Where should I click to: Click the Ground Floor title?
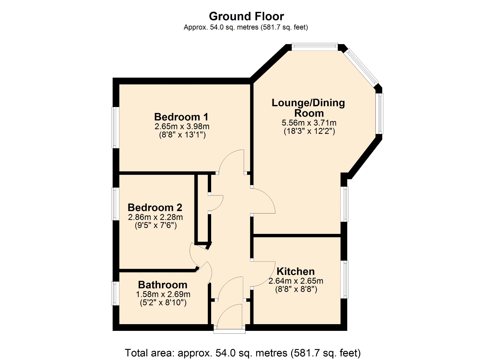point(246,17)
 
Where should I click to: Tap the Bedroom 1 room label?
point(181,117)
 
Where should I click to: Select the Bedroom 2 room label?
point(155,208)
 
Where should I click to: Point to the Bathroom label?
point(163,285)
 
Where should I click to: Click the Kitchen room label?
point(296,271)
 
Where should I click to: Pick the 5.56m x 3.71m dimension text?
point(309,123)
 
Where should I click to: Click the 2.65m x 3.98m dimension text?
point(182,126)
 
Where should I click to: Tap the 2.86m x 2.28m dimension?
point(155,217)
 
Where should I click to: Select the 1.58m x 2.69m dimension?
point(163,294)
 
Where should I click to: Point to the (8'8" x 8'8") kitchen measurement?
point(296,289)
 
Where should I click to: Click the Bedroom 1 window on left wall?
point(115,128)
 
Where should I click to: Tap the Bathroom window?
point(115,293)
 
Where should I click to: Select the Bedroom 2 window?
point(115,204)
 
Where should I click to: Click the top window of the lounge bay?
point(315,47)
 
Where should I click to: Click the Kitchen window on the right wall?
point(344,280)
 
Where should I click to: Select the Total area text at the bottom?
point(243,353)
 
